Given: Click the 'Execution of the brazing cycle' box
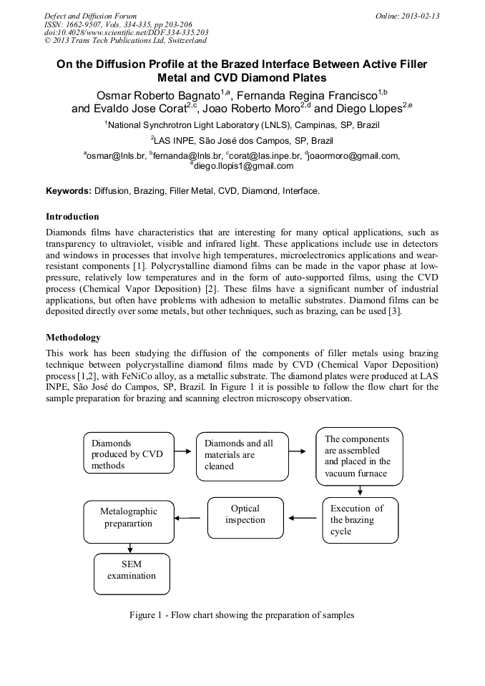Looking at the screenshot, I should [x=359, y=520].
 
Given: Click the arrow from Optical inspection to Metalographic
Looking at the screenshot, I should [x=188, y=519].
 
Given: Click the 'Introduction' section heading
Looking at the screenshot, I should [x=72, y=216].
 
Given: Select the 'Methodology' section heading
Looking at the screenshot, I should [x=73, y=337].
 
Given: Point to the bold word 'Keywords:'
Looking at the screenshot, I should [x=69, y=191].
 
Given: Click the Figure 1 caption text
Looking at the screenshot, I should [x=241, y=615].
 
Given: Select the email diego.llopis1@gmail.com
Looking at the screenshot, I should [x=242, y=166].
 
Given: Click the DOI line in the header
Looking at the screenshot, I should [x=126, y=32].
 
